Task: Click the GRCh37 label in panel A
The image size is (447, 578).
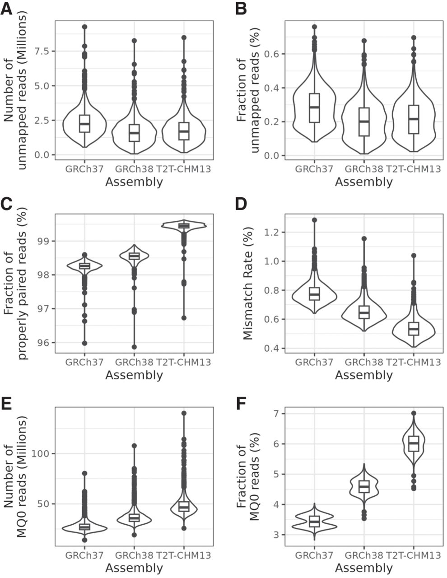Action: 84,170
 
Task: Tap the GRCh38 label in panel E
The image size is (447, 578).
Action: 134,555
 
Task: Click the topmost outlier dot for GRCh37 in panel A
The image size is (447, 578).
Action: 84,27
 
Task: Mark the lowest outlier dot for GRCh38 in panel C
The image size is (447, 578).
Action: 134,347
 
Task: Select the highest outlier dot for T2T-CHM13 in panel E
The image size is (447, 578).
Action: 184,413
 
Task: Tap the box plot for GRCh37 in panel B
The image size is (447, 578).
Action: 314,107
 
